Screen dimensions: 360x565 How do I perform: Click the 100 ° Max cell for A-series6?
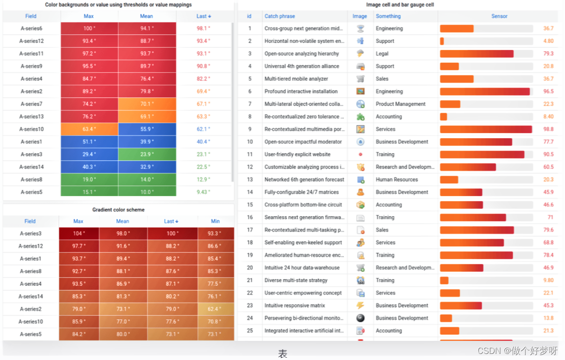(x=89, y=28)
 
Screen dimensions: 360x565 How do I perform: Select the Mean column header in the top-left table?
(x=146, y=16)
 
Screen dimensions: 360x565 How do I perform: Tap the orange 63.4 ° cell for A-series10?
(x=89, y=129)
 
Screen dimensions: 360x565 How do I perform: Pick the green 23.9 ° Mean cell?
(x=147, y=155)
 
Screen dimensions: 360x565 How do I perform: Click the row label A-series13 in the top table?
(x=31, y=117)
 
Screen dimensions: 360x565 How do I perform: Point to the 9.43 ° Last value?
(x=203, y=192)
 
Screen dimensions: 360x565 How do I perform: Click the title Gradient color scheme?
(x=118, y=210)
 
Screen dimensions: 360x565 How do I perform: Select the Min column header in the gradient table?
(x=215, y=221)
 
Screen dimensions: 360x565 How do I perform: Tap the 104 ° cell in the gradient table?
(x=79, y=233)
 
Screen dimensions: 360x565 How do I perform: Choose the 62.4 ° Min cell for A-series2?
(x=215, y=309)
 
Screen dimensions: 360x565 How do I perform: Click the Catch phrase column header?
(x=280, y=16)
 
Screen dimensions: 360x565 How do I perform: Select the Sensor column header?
(x=499, y=16)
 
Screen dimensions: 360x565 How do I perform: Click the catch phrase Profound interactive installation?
(x=301, y=92)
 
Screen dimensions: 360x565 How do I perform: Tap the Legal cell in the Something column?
(x=382, y=54)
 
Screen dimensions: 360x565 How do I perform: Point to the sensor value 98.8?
(x=548, y=129)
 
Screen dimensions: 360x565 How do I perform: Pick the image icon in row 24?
(x=360, y=318)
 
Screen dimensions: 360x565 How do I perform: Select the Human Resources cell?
(x=397, y=180)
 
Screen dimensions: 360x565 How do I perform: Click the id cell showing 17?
(x=250, y=230)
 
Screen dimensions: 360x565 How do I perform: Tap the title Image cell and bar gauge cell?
(x=401, y=5)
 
